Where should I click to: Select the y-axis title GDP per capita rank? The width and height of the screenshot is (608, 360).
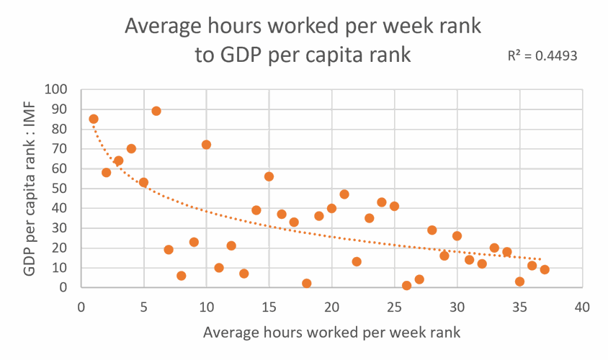coord(30,189)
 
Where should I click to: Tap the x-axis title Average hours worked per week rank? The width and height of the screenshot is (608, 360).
coord(331,333)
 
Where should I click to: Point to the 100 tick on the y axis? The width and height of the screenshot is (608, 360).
coord(55,90)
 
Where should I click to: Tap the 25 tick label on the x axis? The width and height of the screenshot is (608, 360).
coord(394,307)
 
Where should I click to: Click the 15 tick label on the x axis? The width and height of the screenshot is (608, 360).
coord(269,307)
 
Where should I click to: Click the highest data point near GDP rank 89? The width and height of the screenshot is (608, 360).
coord(156,111)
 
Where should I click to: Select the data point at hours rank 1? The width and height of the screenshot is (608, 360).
coord(94,119)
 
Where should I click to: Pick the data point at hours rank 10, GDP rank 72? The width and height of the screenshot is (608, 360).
coord(206,145)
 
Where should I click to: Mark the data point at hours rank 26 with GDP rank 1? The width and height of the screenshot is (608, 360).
coord(407,285)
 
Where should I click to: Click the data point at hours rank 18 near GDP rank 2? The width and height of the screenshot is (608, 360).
coord(307,284)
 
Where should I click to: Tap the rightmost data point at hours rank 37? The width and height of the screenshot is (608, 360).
coord(545,269)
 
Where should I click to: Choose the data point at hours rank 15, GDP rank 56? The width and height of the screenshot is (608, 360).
coord(269,176)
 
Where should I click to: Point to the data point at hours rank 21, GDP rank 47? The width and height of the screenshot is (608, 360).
coord(344,194)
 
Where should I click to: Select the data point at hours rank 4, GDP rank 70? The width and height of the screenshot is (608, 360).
coord(131,149)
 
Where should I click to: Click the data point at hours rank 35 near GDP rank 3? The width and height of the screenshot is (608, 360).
coord(519,282)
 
